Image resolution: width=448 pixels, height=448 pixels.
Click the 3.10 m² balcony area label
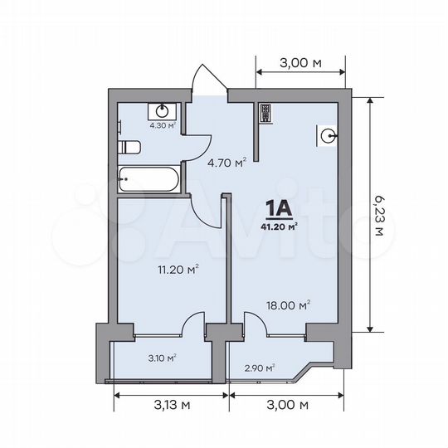(162, 358)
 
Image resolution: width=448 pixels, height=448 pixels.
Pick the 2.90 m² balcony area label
(260, 367)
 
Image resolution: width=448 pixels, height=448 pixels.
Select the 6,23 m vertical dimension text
(380, 215)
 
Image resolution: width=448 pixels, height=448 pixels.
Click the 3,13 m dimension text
(170, 405)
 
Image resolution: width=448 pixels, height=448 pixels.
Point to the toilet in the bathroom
(129, 148)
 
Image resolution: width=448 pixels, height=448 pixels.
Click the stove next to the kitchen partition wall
(265, 113)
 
